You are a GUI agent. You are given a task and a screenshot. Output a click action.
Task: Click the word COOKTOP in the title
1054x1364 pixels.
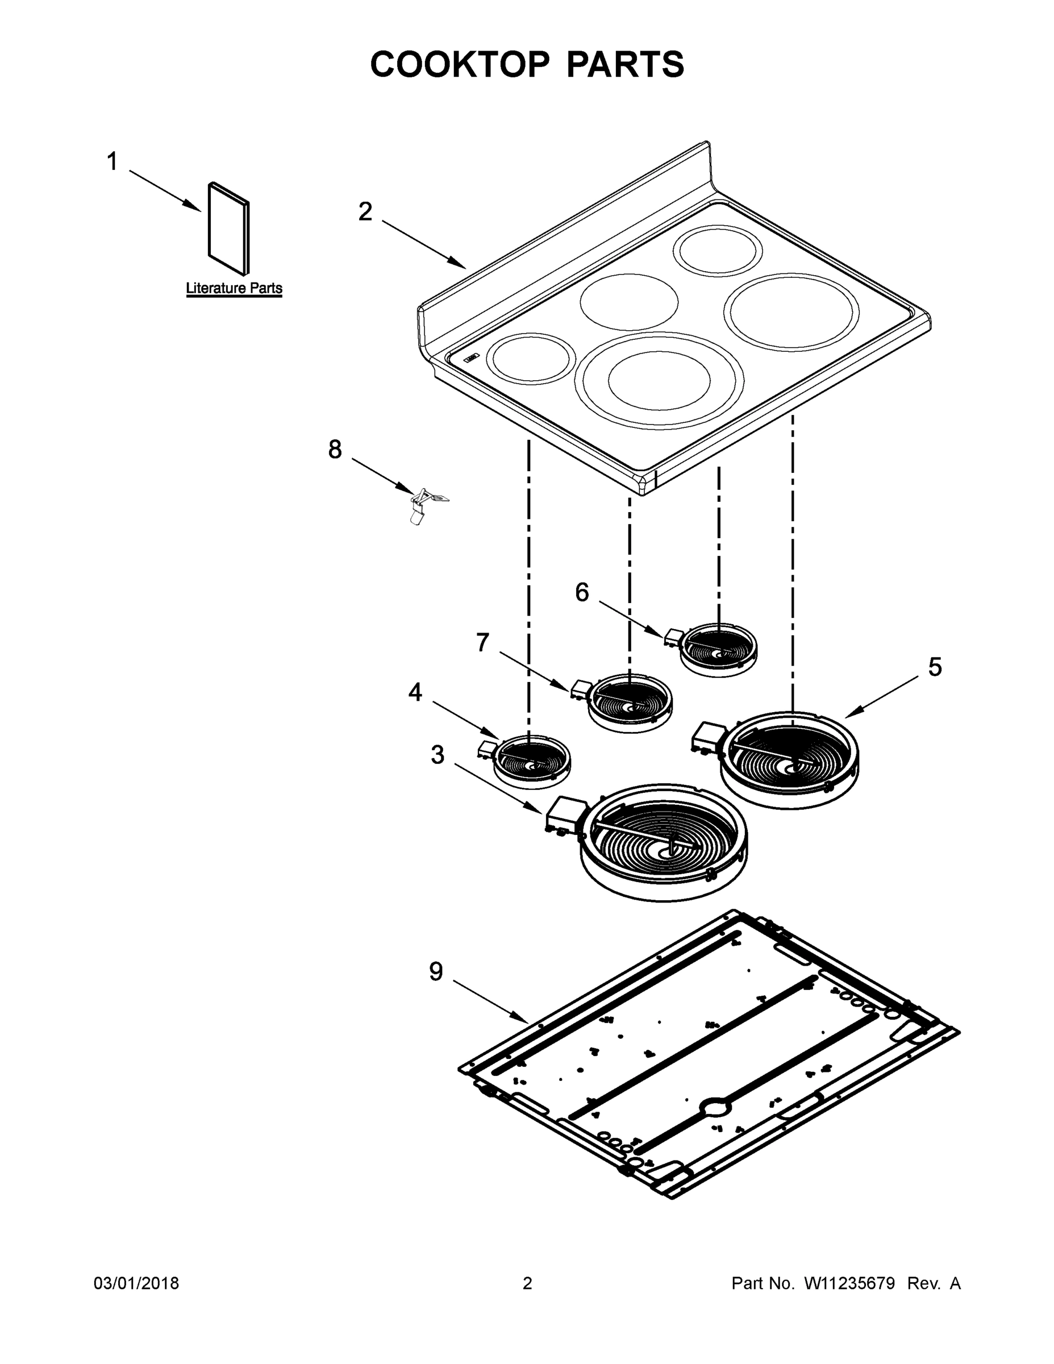click(460, 64)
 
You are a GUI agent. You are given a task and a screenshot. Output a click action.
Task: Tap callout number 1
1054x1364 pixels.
click(112, 162)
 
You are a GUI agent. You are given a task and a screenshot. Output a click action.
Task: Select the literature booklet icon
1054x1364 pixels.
click(228, 229)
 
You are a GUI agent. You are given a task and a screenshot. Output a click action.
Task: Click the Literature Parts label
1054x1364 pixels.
click(234, 289)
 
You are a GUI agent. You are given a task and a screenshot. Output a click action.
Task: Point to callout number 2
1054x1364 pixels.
click(365, 212)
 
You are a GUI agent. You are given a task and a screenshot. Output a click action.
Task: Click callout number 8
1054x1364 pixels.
click(335, 450)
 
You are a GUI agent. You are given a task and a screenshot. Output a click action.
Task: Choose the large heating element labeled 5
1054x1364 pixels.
click(789, 758)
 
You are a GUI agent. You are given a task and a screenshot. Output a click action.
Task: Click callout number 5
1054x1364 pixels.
click(935, 667)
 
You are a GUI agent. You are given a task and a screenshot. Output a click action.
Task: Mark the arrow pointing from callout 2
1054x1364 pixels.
click(424, 244)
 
